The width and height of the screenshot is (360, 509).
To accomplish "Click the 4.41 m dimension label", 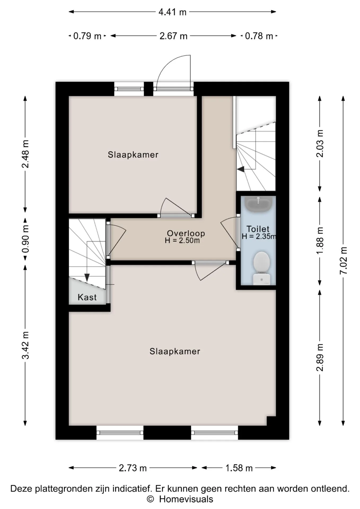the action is coord(172,12).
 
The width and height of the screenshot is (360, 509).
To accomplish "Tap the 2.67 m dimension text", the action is coord(173,36).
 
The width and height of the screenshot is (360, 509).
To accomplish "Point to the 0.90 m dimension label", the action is coord(25,239).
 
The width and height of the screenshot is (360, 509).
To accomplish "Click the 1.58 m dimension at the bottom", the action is coord(239,468).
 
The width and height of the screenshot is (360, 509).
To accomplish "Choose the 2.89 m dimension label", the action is coord(320,357).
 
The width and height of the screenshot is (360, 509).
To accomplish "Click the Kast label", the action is coord(87,297).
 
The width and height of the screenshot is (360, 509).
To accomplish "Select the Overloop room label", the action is coord(186,233).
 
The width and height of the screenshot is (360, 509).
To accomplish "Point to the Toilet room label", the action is coord(258,229).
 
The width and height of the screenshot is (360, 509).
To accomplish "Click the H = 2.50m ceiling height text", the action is coord(182,241).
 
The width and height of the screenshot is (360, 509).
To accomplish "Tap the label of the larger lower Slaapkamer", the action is coord(175,352).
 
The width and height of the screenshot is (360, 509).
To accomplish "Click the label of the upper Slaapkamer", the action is coord(133,155).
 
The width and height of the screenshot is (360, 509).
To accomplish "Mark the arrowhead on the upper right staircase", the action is coord(241,169).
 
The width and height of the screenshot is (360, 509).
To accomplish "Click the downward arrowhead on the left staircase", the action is coord(87,278).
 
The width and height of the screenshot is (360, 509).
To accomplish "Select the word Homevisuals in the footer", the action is coord(186,499).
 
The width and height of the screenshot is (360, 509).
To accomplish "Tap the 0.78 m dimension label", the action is coord(259,36).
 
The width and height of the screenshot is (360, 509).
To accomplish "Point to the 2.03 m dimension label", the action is coord(320,143).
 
